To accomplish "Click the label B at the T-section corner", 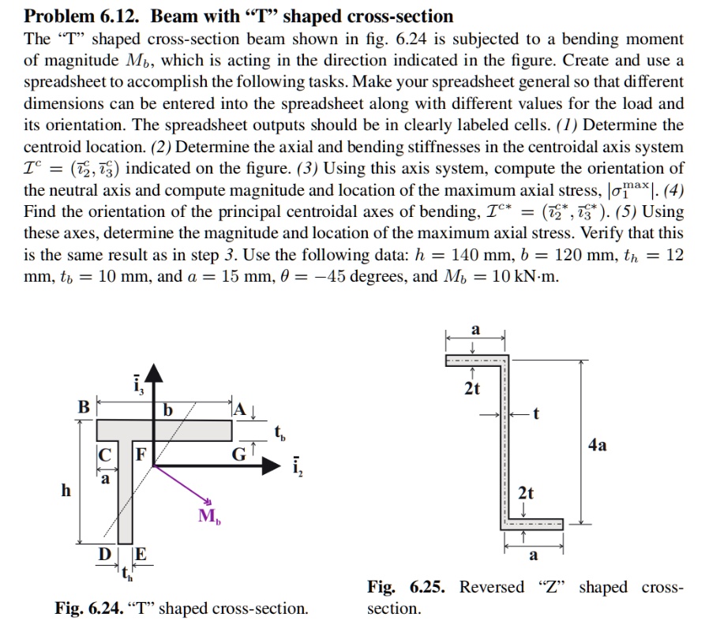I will pyautogui.click(x=82, y=408).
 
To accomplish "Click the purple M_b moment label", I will pyautogui.click(x=210, y=517).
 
